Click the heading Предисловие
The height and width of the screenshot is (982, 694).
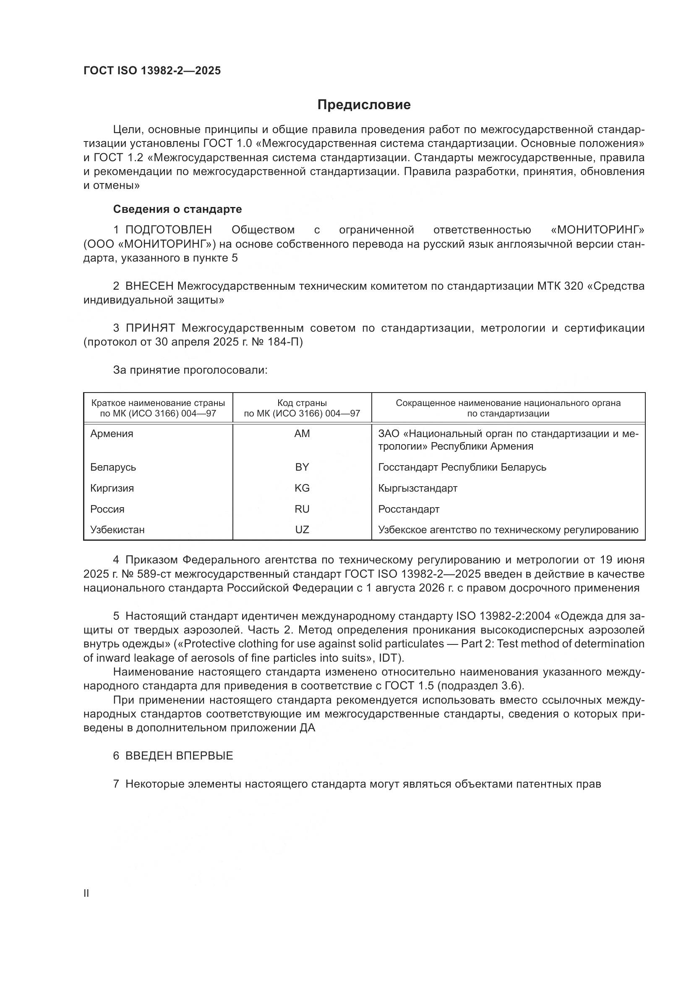tap(364, 105)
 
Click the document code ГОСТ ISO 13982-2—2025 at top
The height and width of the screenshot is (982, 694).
tap(152, 71)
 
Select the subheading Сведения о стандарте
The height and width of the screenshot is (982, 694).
tap(177, 209)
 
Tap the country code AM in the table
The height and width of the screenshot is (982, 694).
tap(302, 434)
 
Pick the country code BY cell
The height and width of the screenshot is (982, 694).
tap(302, 467)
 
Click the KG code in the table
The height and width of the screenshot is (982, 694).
tap(302, 488)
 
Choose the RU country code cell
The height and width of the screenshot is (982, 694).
tap(302, 509)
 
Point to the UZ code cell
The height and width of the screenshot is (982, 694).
tap(302, 530)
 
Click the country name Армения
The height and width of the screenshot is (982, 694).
tap(112, 434)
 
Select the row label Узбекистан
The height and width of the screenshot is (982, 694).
tap(117, 530)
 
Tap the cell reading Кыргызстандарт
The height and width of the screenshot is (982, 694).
tap(417, 488)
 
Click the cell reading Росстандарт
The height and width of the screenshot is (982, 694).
tap(409, 509)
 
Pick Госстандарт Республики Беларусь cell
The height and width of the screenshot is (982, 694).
tap(462, 467)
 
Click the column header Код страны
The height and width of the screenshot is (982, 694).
tap(302, 403)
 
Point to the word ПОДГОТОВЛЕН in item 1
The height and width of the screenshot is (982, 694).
tap(168, 230)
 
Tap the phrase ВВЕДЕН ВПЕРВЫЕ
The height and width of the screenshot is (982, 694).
tap(179, 756)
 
